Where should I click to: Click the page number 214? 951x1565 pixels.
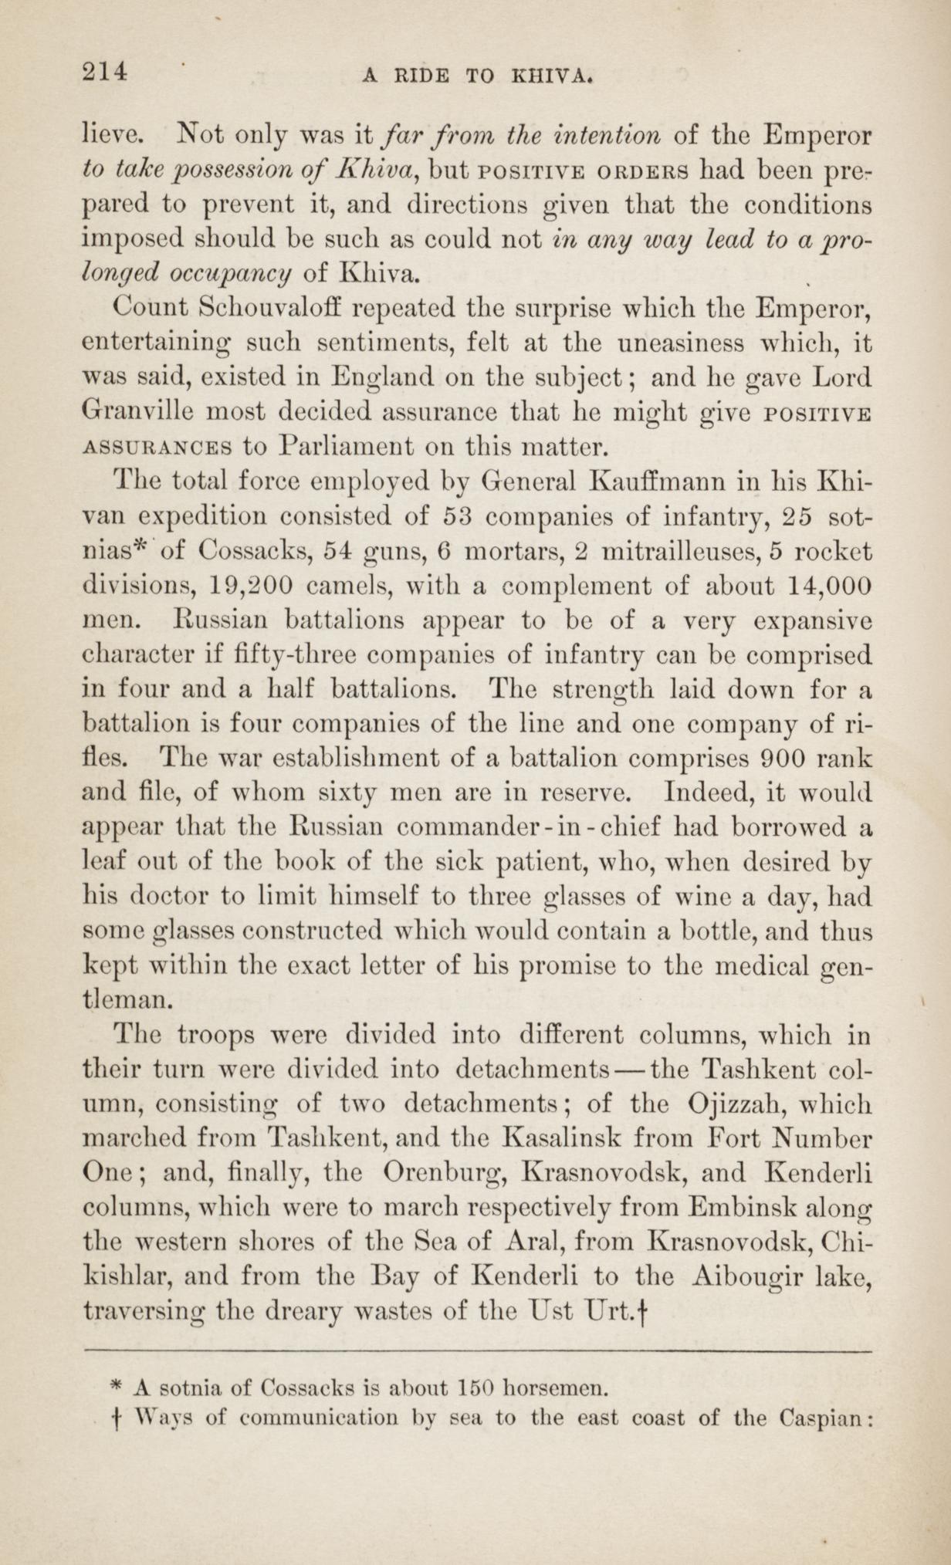pyautogui.click(x=103, y=71)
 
